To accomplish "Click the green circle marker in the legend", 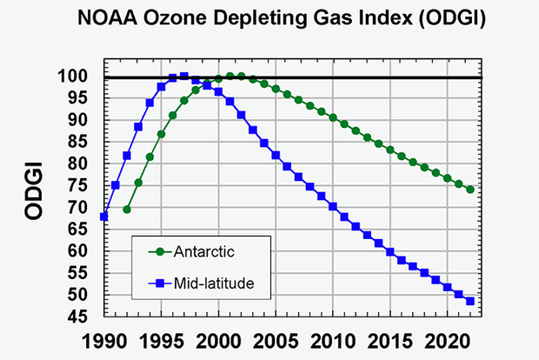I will pyautogui.click(x=157, y=252).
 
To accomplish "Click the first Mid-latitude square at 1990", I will pyautogui.click(x=104, y=217).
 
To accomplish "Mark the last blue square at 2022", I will pyautogui.click(x=470, y=302).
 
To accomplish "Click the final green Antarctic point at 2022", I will pyautogui.click(x=470, y=190).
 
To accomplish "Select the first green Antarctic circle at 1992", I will pyautogui.click(x=127, y=210).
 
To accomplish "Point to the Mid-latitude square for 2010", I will pyautogui.click(x=333, y=206).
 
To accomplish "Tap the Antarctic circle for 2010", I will pyautogui.click(x=333, y=117).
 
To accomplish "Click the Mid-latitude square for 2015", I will pyautogui.click(x=390, y=252).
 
